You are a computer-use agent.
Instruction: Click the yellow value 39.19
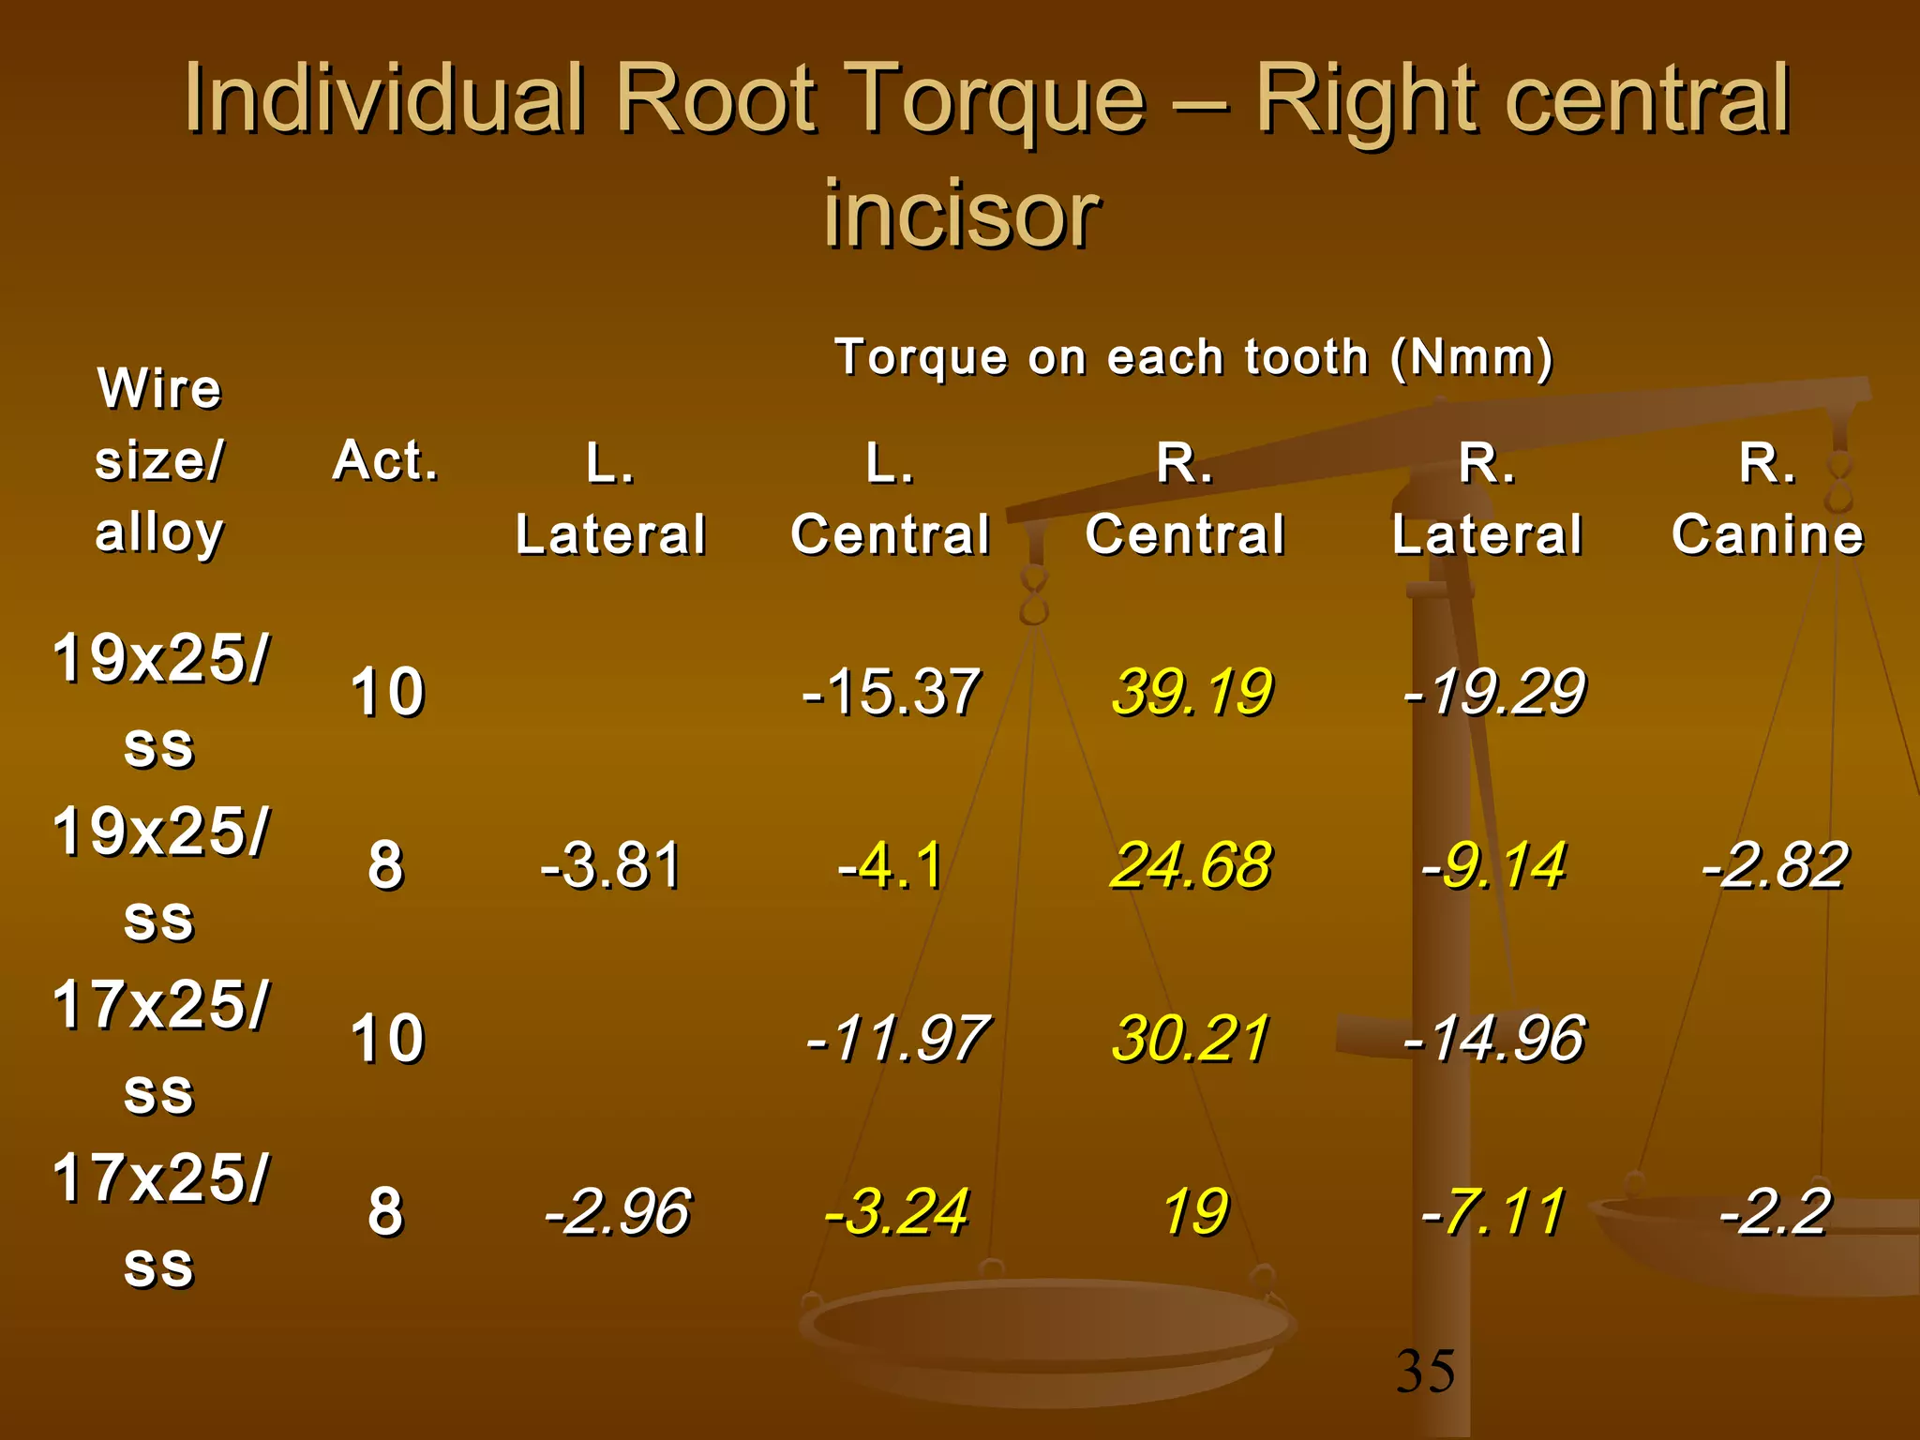click(1192, 692)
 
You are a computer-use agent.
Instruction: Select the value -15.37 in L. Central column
click(891, 692)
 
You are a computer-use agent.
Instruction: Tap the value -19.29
click(1493, 692)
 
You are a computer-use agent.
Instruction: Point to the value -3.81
click(610, 864)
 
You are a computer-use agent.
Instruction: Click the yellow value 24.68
click(1191, 864)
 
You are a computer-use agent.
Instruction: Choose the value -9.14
click(1493, 864)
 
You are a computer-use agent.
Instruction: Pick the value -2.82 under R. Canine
click(1775, 864)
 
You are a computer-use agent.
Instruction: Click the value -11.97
click(897, 1039)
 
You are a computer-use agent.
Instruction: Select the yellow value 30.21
click(1191, 1039)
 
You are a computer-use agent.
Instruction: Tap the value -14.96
click(1493, 1039)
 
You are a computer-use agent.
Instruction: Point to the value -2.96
click(618, 1211)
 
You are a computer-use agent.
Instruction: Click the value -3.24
click(896, 1211)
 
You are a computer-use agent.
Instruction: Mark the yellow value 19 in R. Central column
click(1194, 1211)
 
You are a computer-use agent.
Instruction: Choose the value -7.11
click(1493, 1211)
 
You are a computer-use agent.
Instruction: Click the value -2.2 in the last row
click(1775, 1211)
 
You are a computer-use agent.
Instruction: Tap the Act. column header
click(385, 460)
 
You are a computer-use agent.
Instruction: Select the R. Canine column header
click(1768, 499)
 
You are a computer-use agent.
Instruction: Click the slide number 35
click(1425, 1371)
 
